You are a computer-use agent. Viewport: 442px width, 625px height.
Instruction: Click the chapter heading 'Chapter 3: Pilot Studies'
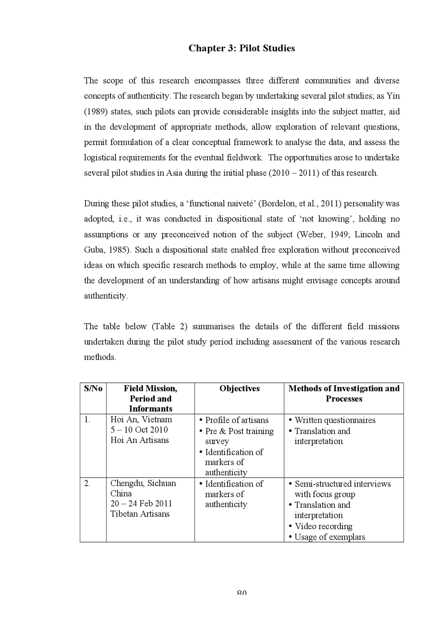coord(241,48)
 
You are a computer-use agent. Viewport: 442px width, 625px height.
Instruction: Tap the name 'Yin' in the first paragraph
coord(393,96)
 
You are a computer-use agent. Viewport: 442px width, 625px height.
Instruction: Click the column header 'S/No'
coord(93,389)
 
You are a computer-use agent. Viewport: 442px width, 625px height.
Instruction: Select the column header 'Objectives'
coord(239,389)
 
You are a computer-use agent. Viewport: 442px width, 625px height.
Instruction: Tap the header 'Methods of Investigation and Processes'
coord(344,393)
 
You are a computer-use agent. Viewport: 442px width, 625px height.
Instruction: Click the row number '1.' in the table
coord(87,420)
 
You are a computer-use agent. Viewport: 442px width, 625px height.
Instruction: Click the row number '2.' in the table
coord(87,483)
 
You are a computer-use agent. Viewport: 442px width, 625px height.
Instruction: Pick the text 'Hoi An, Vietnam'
coord(141,420)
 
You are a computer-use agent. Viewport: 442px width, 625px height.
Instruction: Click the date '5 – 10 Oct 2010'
coord(139,430)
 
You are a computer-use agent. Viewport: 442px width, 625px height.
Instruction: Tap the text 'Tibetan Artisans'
coord(140,514)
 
